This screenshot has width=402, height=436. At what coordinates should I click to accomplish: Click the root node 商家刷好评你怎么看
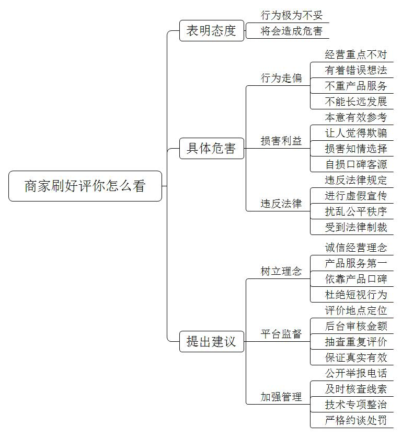(85, 186)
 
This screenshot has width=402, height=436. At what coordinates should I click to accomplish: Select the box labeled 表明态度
(212, 30)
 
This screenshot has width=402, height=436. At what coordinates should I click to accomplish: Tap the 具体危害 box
(212, 149)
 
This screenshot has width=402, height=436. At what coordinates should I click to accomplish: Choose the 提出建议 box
(212, 341)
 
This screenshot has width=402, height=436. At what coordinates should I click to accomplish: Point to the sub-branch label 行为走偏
(281, 78)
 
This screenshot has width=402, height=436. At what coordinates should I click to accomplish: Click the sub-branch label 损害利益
(281, 141)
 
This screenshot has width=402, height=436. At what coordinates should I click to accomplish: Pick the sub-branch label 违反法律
(281, 204)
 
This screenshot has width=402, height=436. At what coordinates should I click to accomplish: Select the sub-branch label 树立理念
(281, 271)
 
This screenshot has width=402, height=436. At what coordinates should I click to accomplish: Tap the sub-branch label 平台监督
(281, 334)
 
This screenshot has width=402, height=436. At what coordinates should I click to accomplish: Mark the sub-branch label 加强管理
(281, 397)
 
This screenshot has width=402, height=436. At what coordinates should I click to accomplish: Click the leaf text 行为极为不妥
(292, 15)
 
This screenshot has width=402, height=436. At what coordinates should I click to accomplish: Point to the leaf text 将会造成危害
(292, 31)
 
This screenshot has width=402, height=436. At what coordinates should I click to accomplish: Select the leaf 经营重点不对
(356, 54)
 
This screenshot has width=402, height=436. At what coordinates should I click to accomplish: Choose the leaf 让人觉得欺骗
(356, 133)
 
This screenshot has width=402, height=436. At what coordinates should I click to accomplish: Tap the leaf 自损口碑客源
(356, 164)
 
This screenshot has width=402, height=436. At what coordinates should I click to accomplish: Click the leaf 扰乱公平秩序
(356, 211)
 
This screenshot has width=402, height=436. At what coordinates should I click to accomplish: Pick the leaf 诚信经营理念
(356, 248)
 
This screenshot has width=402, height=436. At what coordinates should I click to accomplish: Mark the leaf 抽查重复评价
(356, 342)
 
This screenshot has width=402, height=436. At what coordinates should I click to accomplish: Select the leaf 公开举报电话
(356, 373)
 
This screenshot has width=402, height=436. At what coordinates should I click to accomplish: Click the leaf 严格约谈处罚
(356, 420)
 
